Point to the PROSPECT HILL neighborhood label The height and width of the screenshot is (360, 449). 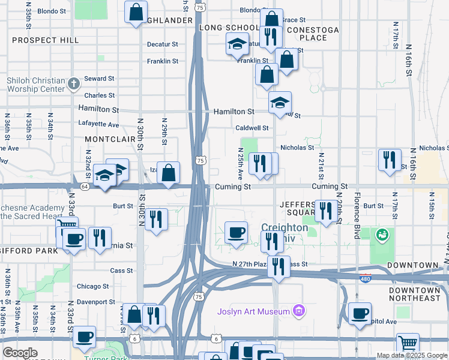45,40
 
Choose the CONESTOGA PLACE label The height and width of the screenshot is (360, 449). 313,34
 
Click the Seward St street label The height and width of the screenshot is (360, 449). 99,79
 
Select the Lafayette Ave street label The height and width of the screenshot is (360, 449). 98,124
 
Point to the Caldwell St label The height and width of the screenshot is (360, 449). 252,128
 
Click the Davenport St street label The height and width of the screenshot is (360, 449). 95,302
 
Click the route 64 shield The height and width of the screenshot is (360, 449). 85,187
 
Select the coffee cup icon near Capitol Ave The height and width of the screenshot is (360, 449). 360,313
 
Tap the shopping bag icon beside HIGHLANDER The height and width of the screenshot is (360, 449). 136,11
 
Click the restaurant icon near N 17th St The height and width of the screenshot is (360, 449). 390,160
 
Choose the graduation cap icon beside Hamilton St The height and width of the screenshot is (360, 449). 280,103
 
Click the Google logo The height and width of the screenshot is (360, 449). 20,353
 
